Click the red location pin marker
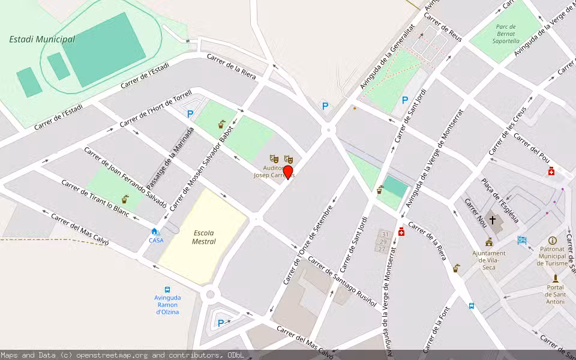coord(288,173)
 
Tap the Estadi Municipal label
coord(42,40)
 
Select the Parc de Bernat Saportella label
coord(508,34)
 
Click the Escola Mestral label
coord(204,237)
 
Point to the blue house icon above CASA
coord(155,232)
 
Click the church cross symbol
coord(493,220)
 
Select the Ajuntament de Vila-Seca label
coord(489,260)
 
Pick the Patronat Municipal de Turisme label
coord(553,256)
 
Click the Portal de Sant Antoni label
coord(555,294)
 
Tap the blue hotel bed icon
coord(522,241)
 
